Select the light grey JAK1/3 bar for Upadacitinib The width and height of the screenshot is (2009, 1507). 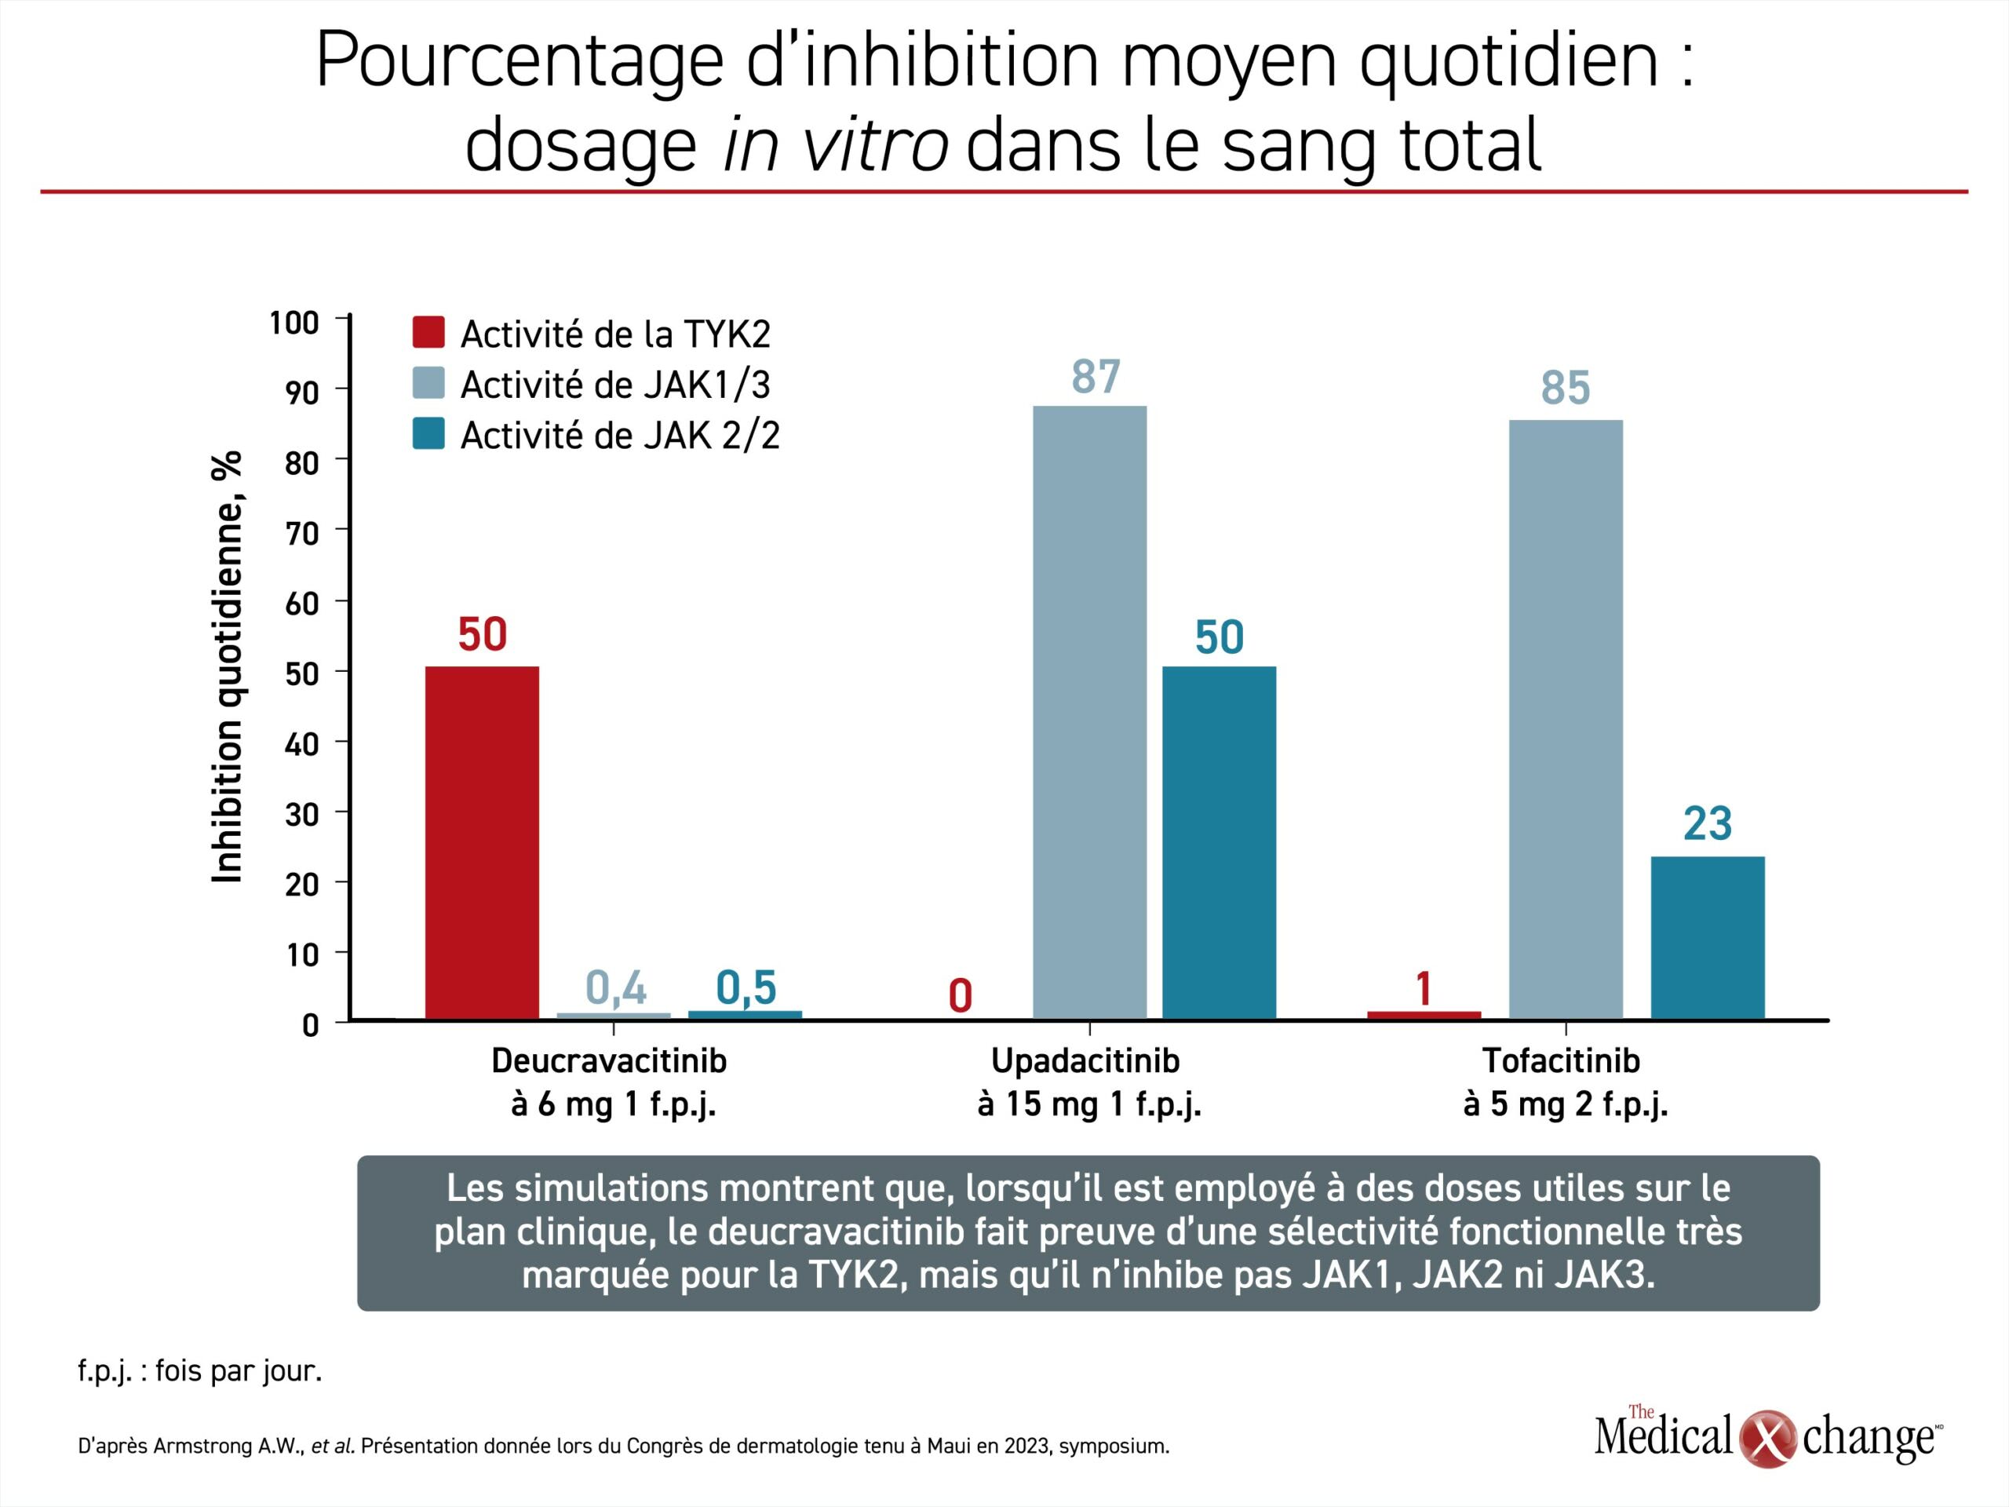[x=1090, y=713]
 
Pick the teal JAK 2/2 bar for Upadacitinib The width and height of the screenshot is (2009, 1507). [x=1219, y=843]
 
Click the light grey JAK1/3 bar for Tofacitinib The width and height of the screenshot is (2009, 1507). [x=1566, y=720]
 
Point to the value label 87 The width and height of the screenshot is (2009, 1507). [x=1096, y=377]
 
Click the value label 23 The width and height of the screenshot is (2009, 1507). [x=1708, y=824]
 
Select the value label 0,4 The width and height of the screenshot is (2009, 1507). [x=615, y=987]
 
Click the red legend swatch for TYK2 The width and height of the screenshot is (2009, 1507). [x=428, y=333]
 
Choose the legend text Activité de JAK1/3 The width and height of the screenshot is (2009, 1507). [x=615, y=385]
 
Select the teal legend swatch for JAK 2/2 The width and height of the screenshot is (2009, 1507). [x=428, y=433]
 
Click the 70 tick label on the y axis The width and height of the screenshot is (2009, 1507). [x=301, y=533]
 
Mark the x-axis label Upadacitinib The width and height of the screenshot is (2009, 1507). [x=1085, y=1060]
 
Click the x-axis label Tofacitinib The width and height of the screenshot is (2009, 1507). [x=1561, y=1060]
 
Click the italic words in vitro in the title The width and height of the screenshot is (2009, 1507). [x=836, y=145]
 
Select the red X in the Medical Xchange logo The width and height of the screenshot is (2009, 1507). [x=1767, y=1438]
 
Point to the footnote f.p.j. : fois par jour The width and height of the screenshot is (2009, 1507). [x=200, y=1370]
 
